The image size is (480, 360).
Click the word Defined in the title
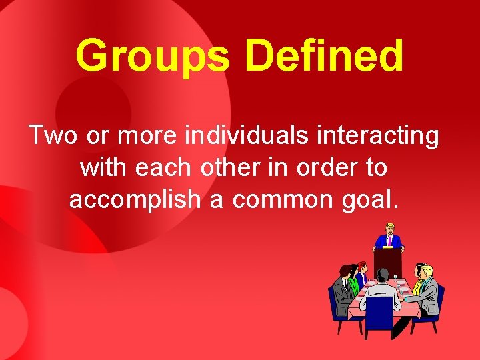(325, 56)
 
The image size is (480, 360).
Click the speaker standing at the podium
(387, 236)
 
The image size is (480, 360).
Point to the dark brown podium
(387, 262)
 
